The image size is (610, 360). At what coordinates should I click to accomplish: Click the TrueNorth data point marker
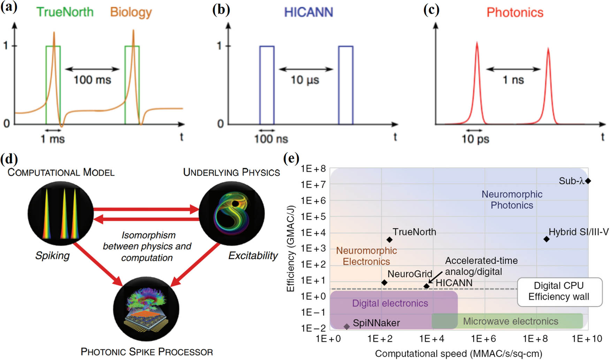(x=389, y=240)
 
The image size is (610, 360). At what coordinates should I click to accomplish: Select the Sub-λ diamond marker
(x=588, y=181)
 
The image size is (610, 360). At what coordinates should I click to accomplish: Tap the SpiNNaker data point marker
(x=346, y=327)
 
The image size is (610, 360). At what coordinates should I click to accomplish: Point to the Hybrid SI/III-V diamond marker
(x=546, y=239)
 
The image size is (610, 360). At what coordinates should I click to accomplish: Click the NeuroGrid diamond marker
(x=384, y=283)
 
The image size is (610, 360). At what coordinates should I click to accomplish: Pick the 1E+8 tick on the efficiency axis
(x=313, y=169)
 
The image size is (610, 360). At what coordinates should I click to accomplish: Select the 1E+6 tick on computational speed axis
(x=483, y=338)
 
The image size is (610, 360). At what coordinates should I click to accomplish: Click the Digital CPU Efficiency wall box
(x=559, y=291)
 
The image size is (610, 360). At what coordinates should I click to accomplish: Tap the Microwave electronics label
(x=510, y=321)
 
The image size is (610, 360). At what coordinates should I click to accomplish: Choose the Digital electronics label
(x=390, y=303)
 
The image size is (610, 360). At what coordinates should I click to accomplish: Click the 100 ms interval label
(x=92, y=80)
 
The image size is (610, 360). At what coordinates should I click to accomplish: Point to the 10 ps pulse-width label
(x=475, y=139)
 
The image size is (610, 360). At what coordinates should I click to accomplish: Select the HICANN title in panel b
(x=308, y=13)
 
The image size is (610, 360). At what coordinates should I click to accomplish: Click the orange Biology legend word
(x=131, y=12)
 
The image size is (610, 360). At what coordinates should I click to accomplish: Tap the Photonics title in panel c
(x=514, y=13)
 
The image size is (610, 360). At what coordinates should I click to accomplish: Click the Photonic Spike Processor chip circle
(x=146, y=309)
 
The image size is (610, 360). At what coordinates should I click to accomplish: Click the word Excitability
(x=253, y=256)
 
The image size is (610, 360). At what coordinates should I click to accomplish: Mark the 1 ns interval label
(x=513, y=80)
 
